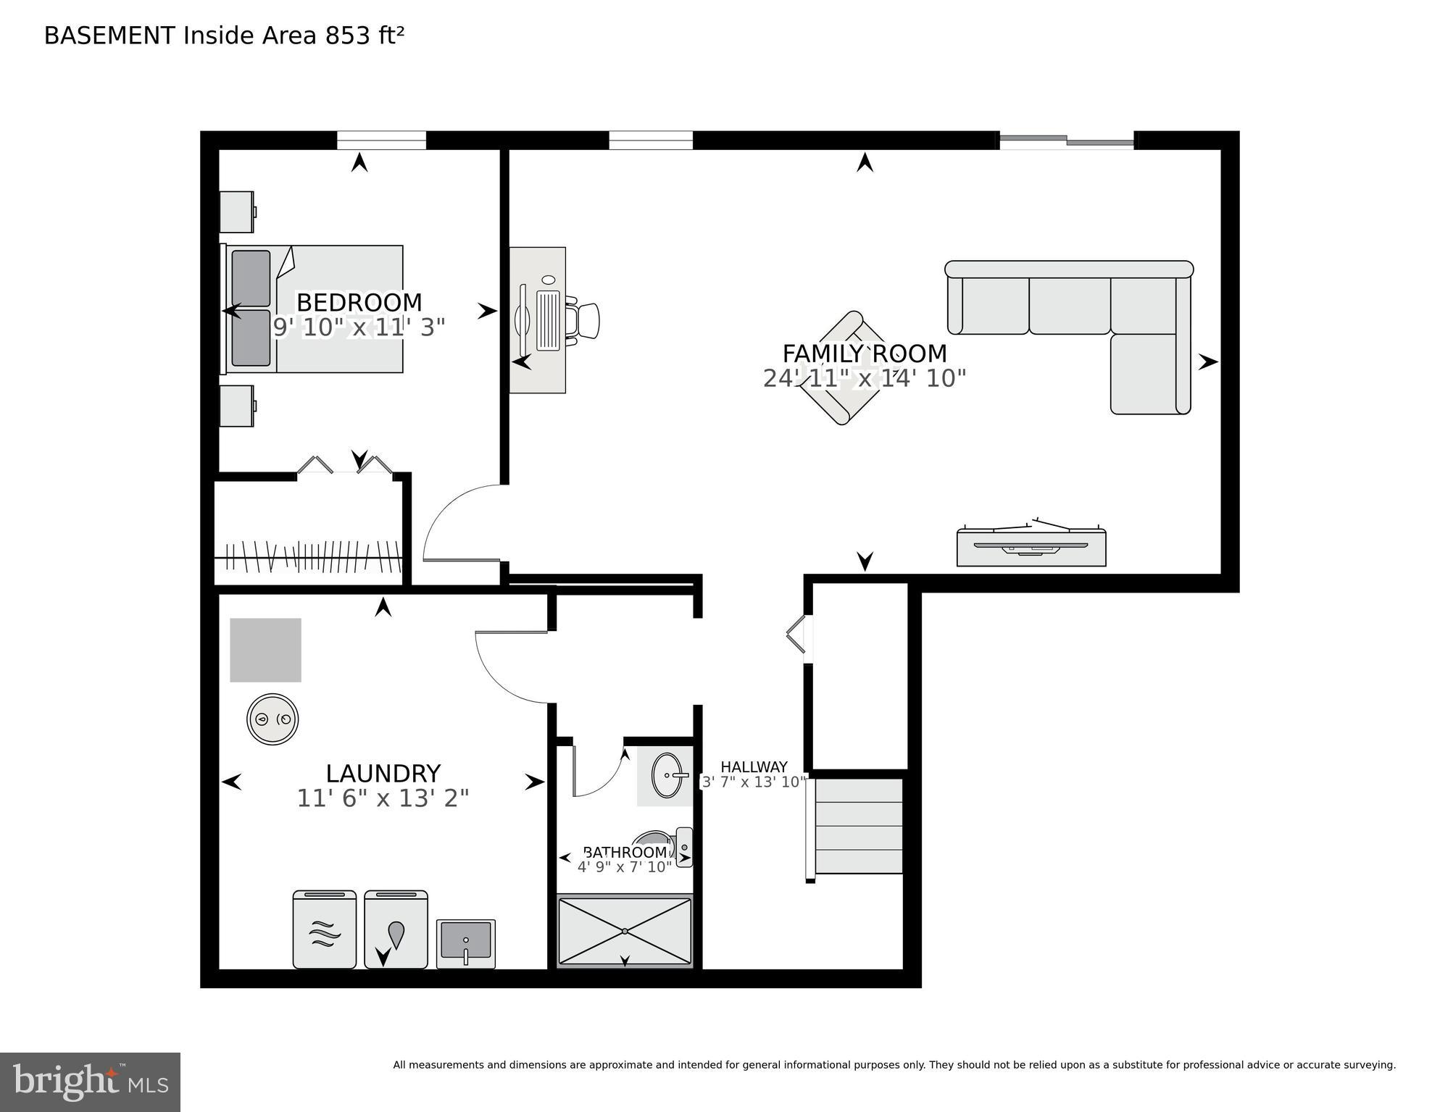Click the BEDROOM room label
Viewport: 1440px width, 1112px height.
[x=359, y=302]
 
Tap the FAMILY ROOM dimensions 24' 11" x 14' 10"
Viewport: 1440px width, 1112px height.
[x=864, y=378]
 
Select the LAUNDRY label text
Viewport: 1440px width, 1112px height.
[x=383, y=773]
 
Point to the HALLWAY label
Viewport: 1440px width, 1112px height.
[x=754, y=767]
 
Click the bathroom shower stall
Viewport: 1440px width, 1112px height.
[x=625, y=931]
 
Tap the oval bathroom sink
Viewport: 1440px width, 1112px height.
[x=667, y=775]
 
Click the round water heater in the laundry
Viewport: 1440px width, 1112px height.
[x=272, y=719]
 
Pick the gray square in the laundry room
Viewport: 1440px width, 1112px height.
[x=265, y=650]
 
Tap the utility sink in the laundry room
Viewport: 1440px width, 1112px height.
[x=466, y=943]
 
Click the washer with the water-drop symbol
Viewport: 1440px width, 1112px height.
[x=396, y=930]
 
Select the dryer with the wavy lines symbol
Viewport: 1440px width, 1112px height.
[x=325, y=930]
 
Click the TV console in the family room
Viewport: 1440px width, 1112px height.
[x=1031, y=548]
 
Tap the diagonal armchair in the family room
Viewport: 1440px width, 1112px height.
[x=841, y=369]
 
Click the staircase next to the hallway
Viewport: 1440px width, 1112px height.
[x=859, y=827]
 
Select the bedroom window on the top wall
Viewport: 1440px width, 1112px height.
[x=381, y=141]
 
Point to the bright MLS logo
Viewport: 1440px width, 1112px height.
[x=90, y=1082]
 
